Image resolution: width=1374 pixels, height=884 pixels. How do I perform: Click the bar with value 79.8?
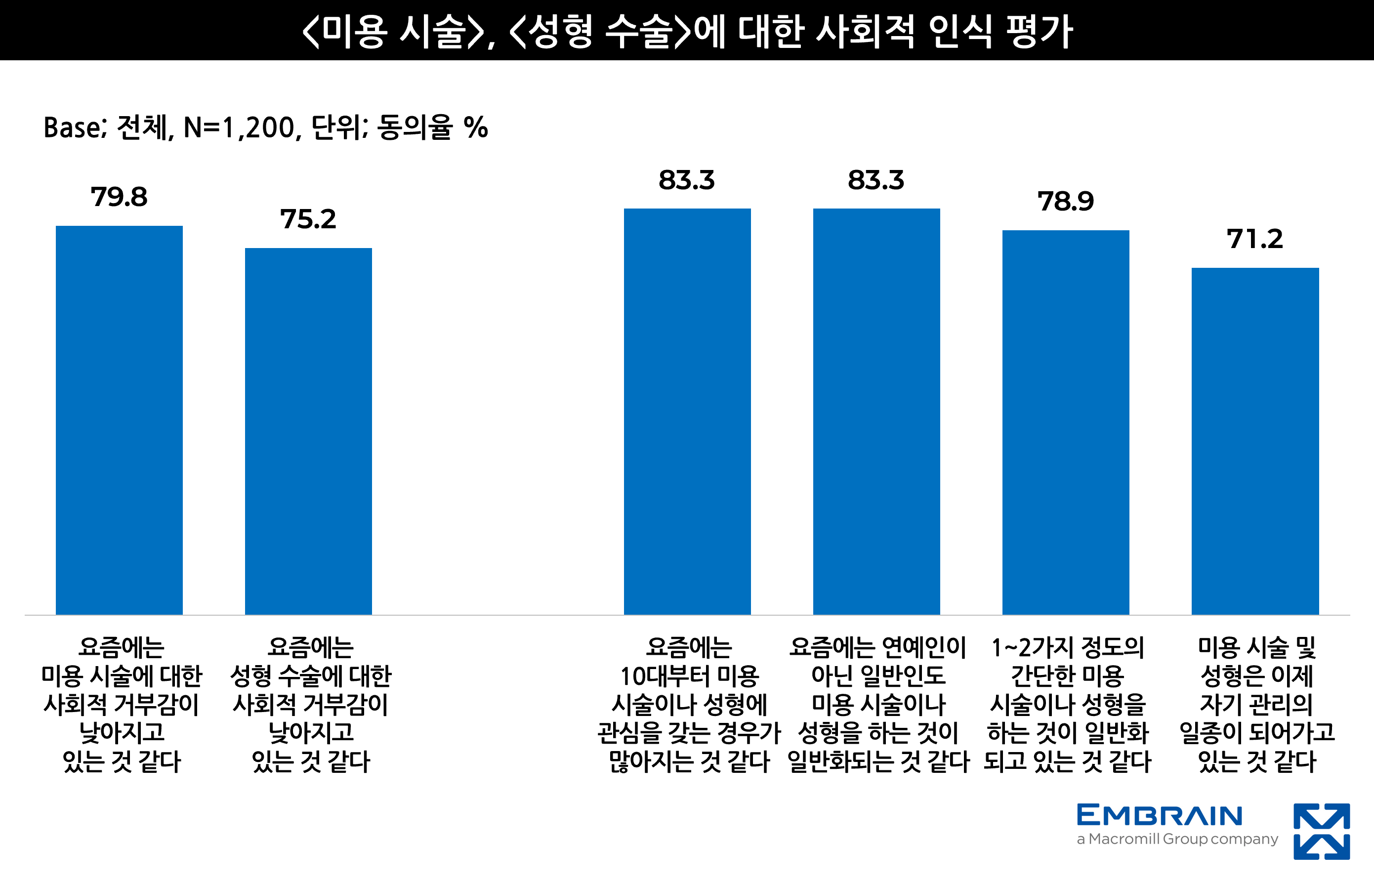click(119, 420)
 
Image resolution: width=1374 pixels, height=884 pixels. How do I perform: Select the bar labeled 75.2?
click(308, 430)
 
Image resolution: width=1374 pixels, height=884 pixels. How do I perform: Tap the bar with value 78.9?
click(1065, 422)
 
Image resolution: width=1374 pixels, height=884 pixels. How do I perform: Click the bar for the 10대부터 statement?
click(687, 411)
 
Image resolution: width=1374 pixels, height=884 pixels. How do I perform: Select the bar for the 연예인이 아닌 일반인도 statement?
click(876, 411)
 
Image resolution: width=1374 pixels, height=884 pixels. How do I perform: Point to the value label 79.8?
click(119, 197)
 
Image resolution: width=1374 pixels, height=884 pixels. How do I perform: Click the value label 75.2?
click(308, 219)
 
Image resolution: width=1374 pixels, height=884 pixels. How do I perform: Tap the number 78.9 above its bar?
click(1065, 202)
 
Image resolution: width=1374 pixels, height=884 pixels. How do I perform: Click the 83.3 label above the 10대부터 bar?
click(687, 180)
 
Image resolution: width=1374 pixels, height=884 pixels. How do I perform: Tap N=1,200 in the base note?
click(241, 127)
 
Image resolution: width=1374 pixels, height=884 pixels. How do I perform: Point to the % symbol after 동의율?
click(476, 127)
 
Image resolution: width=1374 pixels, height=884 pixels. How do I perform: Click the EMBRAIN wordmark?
click(1160, 816)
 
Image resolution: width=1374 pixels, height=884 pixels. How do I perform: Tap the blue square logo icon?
click(1321, 831)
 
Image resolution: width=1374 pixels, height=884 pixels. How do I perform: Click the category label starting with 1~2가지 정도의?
click(1068, 704)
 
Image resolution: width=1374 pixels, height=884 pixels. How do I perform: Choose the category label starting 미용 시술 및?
click(1256, 704)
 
